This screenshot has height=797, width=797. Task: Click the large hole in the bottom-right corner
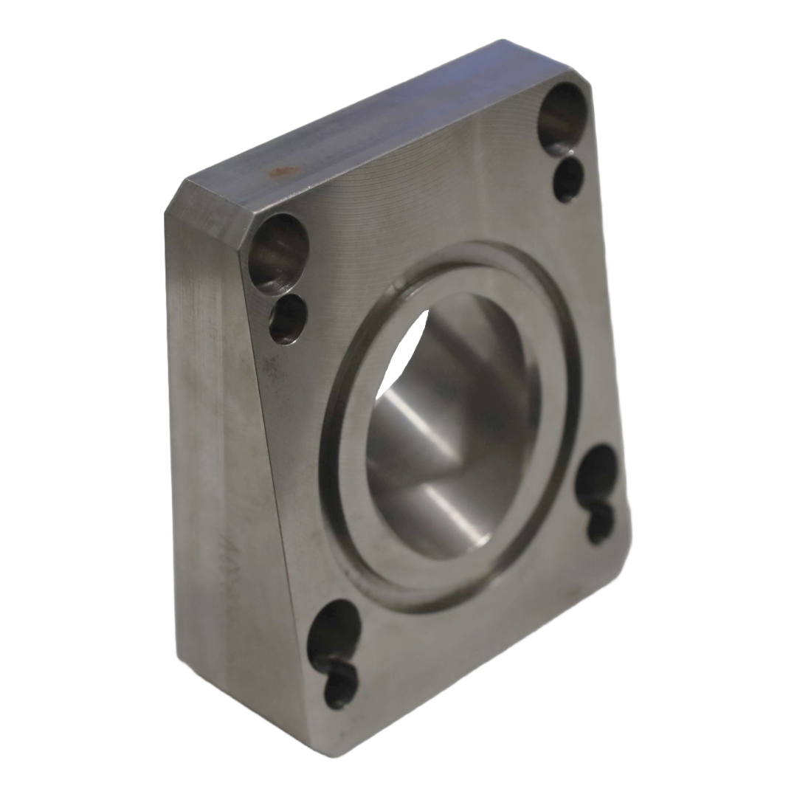pyautogui.click(x=596, y=473)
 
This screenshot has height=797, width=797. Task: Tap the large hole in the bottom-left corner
pyautogui.click(x=334, y=632)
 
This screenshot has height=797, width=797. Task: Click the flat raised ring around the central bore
pyautogui.click(x=354, y=517)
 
